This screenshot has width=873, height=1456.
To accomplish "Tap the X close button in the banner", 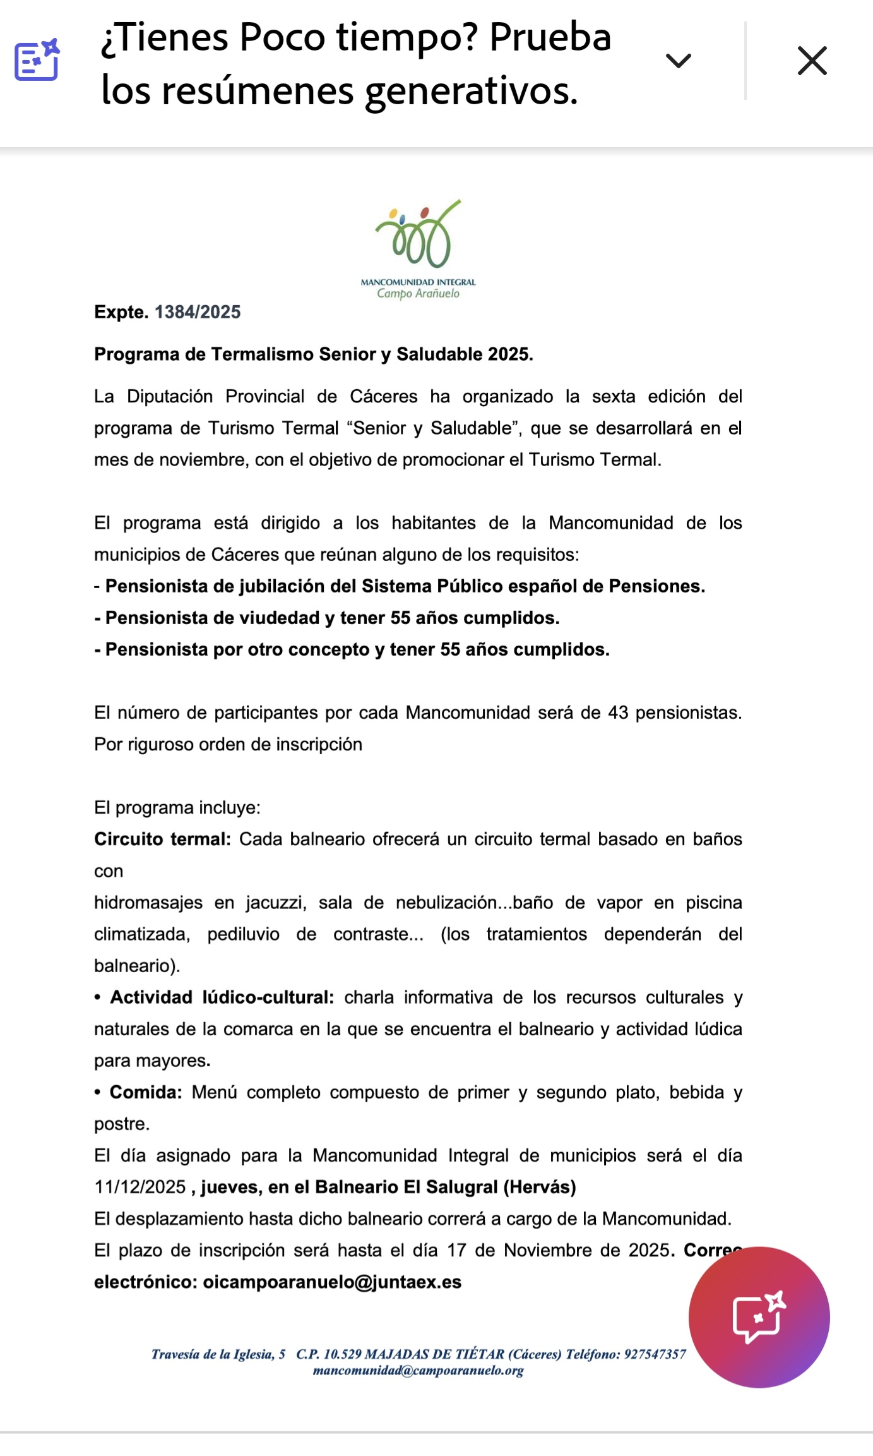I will (812, 61).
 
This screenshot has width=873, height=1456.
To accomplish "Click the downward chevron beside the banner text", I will (679, 61).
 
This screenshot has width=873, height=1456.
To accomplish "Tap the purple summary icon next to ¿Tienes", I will (37, 60).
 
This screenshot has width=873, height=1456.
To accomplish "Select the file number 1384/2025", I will (198, 312).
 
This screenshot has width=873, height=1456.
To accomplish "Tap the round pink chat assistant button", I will (759, 1317).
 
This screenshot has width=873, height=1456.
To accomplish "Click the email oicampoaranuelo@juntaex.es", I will (332, 1282).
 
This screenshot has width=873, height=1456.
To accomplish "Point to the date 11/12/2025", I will (140, 1188).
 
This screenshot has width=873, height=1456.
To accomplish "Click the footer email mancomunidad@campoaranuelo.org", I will (418, 1371).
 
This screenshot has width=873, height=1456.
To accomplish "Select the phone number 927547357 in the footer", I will (655, 1354).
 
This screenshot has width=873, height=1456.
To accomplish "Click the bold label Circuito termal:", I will (162, 839).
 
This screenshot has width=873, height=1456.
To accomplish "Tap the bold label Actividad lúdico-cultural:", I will (222, 997).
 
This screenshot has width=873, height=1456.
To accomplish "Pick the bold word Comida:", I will (146, 1092).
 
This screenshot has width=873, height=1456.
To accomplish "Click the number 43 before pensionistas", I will (618, 713).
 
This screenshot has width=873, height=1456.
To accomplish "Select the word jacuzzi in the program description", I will (276, 903).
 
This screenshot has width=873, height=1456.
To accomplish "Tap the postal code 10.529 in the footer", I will (342, 1354).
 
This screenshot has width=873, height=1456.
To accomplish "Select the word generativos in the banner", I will (472, 91).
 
